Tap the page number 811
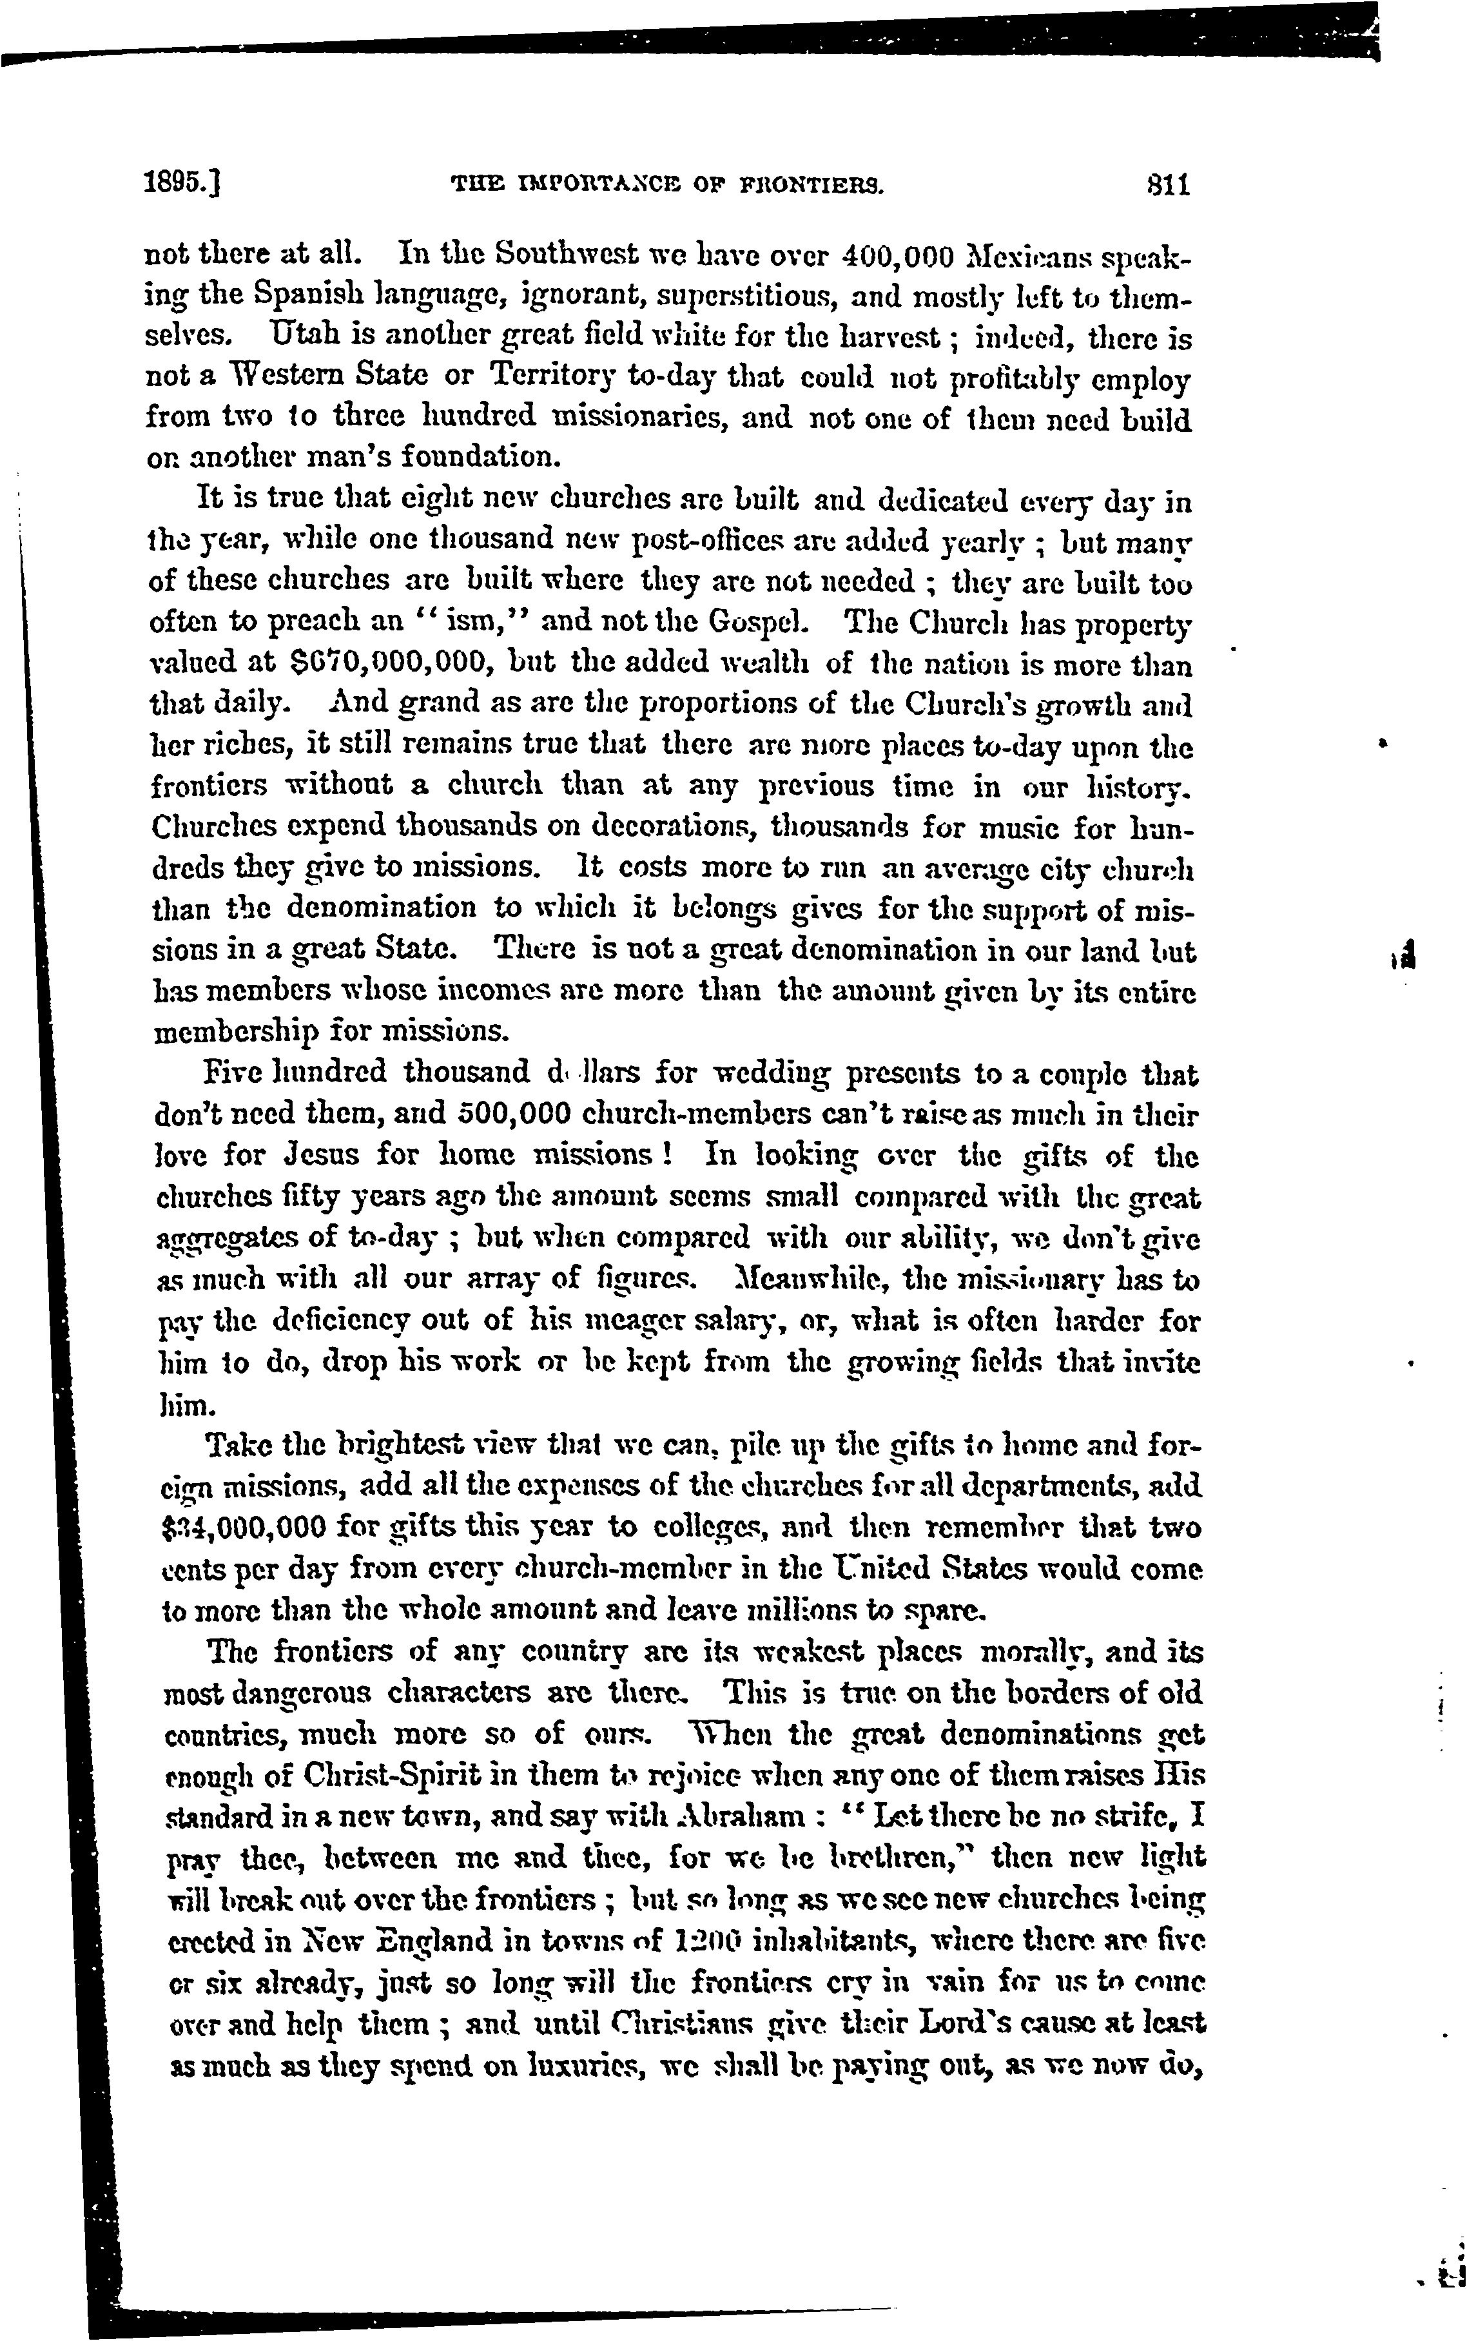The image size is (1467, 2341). click(1167, 184)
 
